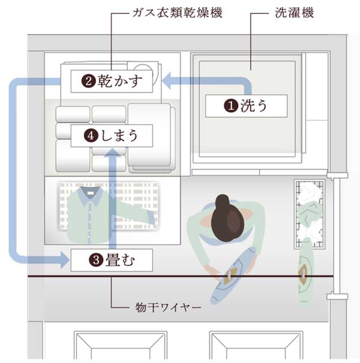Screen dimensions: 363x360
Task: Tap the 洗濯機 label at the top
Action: click(294, 13)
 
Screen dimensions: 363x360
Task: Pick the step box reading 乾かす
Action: click(112, 81)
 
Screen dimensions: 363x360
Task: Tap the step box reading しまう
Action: click(112, 135)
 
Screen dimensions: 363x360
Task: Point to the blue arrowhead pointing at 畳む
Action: click(63, 260)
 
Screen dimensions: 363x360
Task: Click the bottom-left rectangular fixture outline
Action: click(120, 345)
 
